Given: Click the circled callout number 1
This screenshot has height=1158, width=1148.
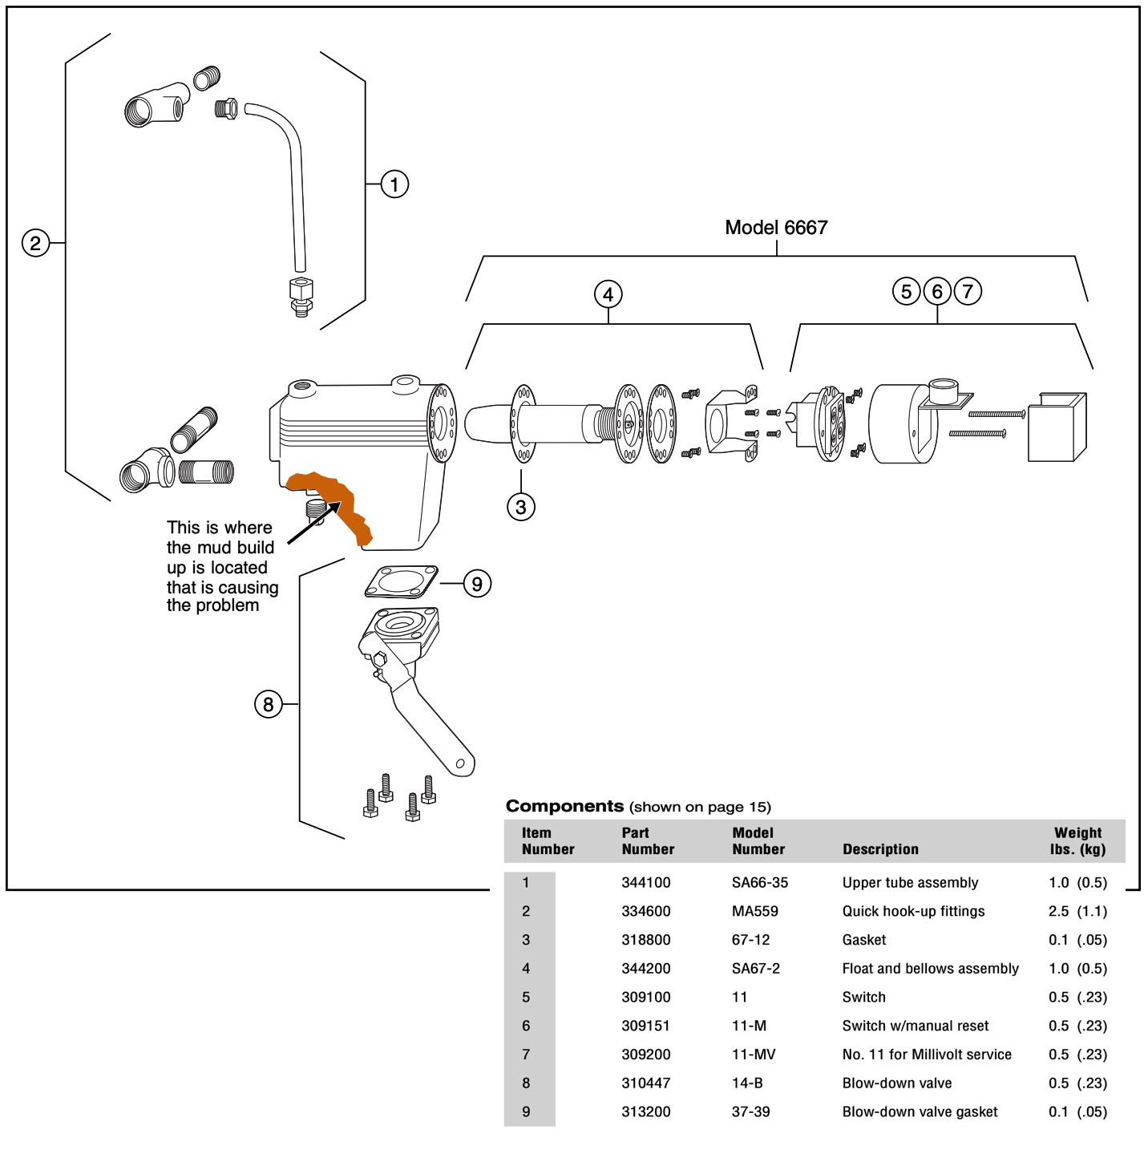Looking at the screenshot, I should (394, 184).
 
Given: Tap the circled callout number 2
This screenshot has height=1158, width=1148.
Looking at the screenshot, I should (35, 243).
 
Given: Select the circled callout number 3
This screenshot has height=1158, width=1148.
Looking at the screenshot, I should (521, 507).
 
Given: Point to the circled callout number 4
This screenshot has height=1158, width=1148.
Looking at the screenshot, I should (608, 294).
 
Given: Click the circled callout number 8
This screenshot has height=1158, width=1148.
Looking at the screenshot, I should (269, 704).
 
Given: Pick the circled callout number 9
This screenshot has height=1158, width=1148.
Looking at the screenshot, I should (477, 584).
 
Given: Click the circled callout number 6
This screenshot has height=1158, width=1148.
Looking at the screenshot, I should (937, 291).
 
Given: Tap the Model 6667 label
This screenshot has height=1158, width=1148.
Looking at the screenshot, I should (776, 228).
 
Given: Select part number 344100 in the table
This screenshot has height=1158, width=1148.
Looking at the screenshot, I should (646, 883).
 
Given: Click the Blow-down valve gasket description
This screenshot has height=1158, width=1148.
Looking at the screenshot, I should (920, 1112).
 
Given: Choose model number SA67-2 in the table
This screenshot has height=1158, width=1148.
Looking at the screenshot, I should (755, 969).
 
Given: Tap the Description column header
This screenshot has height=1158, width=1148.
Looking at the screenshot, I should (880, 849).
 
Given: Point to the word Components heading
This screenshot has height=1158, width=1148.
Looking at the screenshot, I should (564, 806).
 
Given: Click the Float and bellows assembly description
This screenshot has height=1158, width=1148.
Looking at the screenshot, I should (930, 969).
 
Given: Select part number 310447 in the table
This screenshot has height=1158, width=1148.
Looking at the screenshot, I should (646, 1083).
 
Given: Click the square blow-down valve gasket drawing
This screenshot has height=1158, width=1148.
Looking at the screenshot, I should (402, 581).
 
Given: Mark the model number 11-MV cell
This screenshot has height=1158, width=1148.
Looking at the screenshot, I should (754, 1055).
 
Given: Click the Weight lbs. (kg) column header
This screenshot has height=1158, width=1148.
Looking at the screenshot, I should (1077, 841).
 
